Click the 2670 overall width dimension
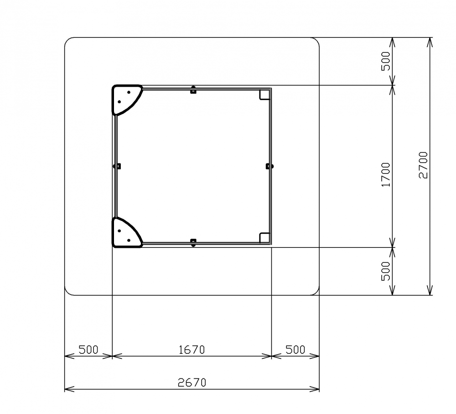[x=192, y=382]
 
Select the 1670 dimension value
[x=192, y=349]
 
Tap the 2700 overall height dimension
[x=424, y=165]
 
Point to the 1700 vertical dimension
[x=386, y=175]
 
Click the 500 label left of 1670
[x=88, y=349]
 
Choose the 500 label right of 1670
[x=295, y=349]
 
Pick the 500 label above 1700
[x=386, y=61]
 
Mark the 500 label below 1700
[x=386, y=271]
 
